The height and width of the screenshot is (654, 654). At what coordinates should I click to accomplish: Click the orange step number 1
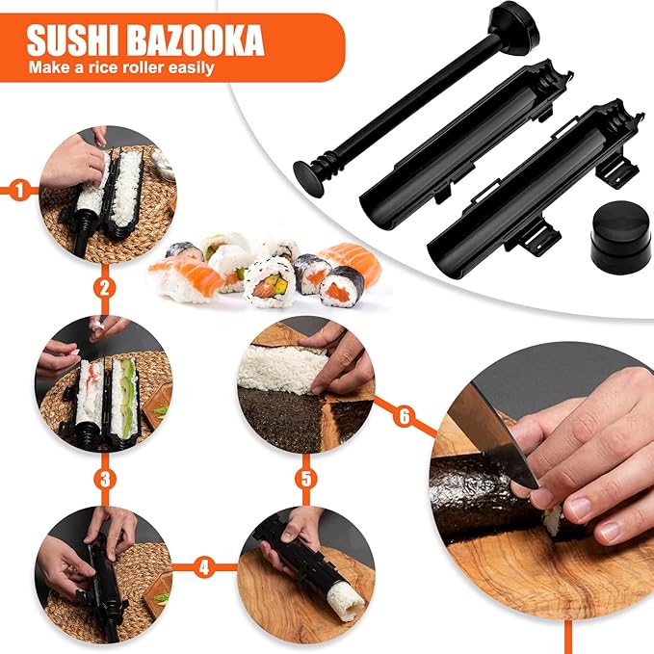coord(19,190)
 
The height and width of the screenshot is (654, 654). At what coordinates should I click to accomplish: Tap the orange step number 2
coord(106,287)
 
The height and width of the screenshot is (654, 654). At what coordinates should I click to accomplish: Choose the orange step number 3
coord(106,476)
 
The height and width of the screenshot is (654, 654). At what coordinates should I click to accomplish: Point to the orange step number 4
coord(203,567)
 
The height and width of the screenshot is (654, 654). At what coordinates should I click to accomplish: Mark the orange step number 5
coord(304,476)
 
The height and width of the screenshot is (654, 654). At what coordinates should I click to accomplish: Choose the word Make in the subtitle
coord(47,67)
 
